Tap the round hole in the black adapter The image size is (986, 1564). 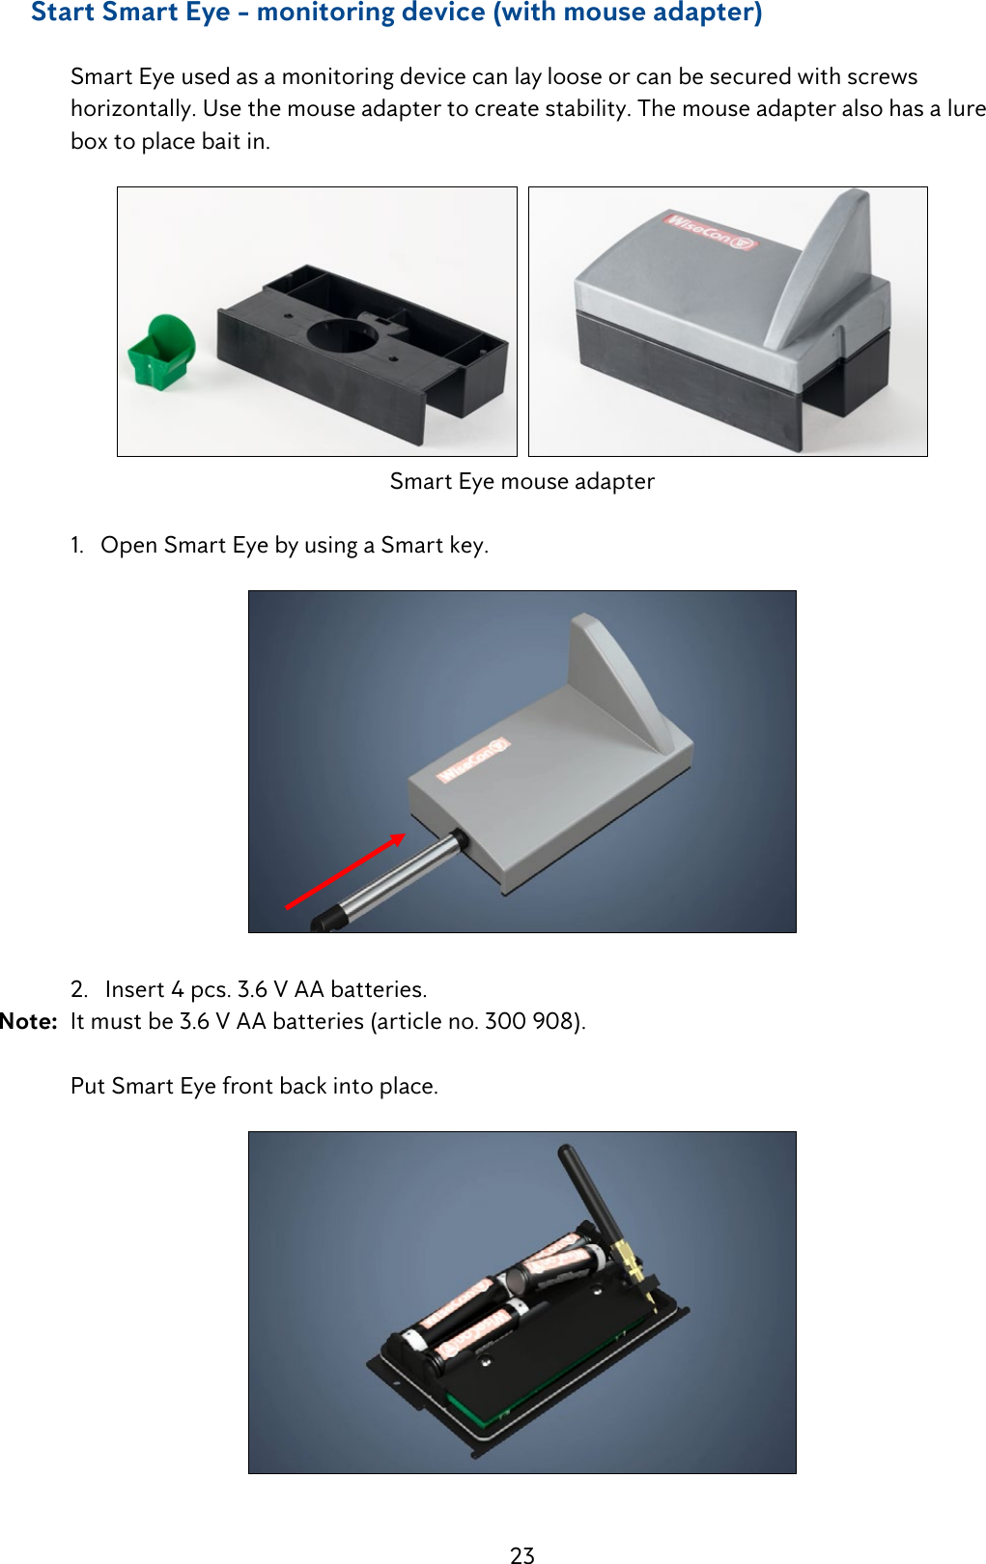[x=342, y=335]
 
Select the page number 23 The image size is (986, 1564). [x=522, y=1554]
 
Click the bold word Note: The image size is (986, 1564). [x=29, y=1021]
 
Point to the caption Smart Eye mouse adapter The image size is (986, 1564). [x=522, y=481]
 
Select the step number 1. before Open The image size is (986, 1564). [x=77, y=545]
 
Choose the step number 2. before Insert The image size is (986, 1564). [x=79, y=989]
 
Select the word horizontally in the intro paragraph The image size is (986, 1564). [x=132, y=108]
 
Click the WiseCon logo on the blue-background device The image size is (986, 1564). [x=473, y=759]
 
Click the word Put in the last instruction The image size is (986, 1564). [x=88, y=1086]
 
